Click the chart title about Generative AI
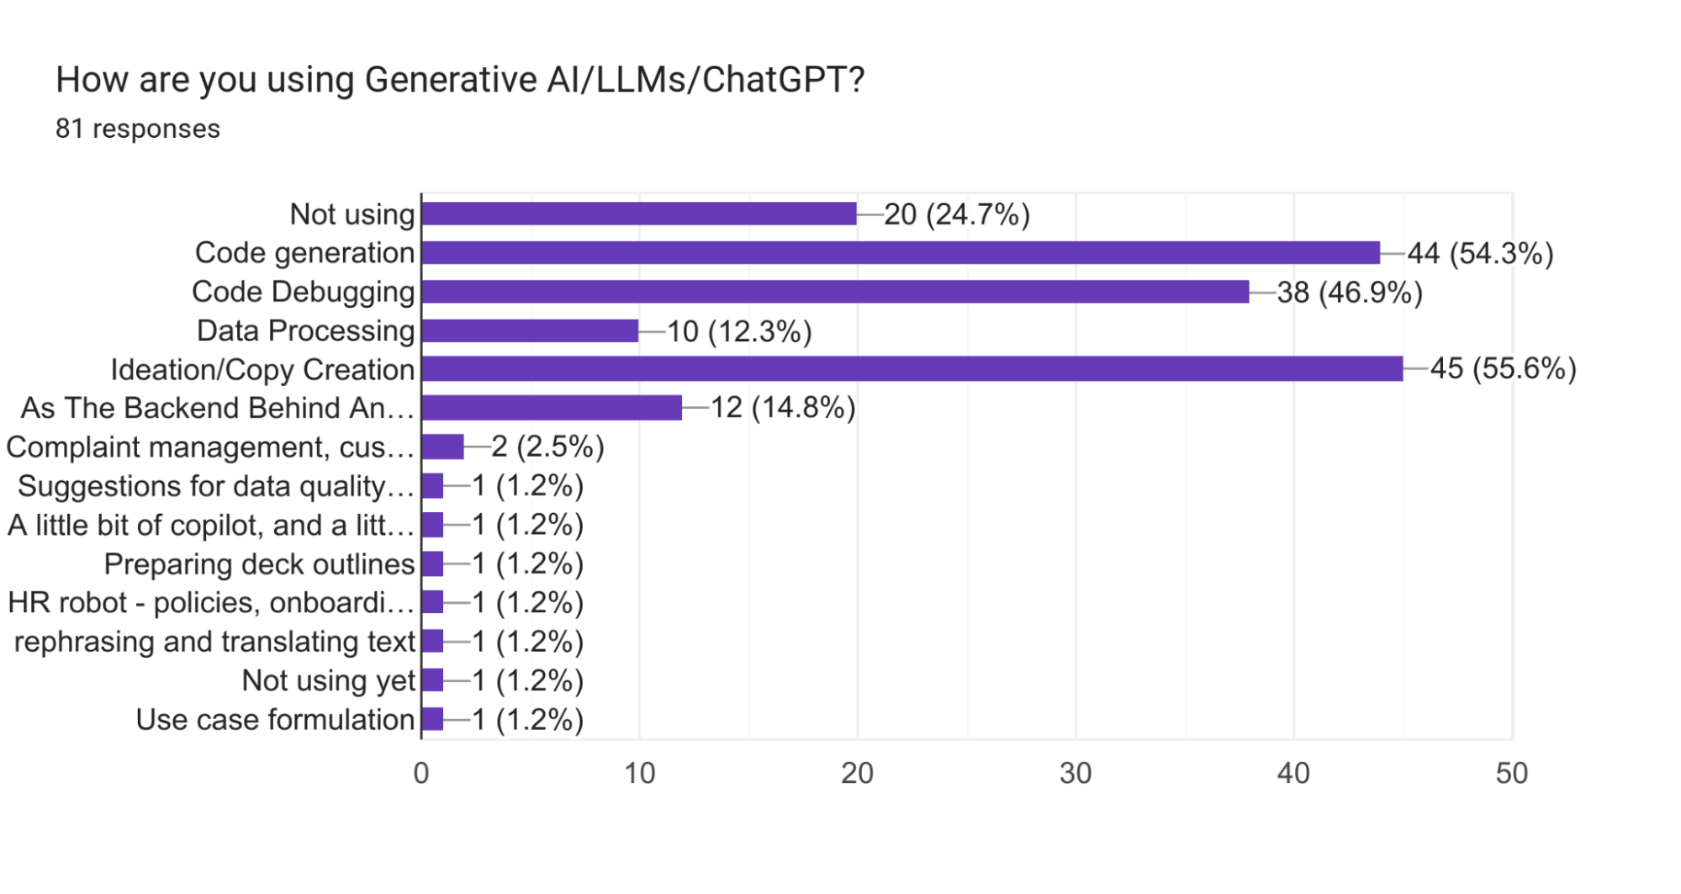coord(460,80)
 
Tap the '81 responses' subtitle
coord(138,129)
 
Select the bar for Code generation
coord(900,253)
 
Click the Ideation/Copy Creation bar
coord(912,369)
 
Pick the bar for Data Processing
coord(530,331)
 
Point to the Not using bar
coord(639,214)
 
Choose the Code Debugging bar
coord(835,292)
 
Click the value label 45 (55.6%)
coord(1503,368)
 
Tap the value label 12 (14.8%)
coord(783,408)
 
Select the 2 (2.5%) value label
coord(547,447)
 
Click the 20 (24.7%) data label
coord(957,214)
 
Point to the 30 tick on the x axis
coord(1076,774)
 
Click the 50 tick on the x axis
coord(1511,774)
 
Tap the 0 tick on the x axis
coord(421,774)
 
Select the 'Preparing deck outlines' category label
coord(259,564)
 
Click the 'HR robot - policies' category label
coord(211,603)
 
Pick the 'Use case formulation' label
coord(275,720)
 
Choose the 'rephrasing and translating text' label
coord(214,642)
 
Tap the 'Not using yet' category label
coord(328,680)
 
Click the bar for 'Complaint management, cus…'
coord(442,447)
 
